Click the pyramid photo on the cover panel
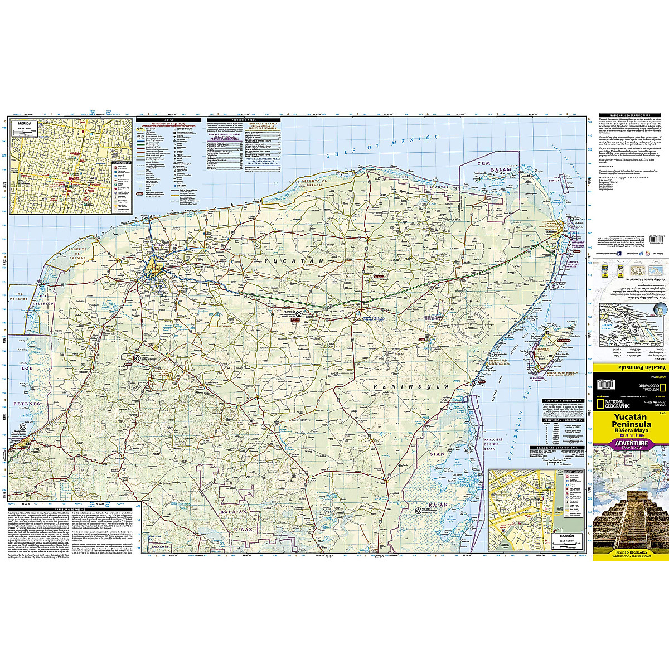click(631, 521)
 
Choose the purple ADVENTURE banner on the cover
click(631, 443)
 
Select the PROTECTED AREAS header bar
click(242, 120)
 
